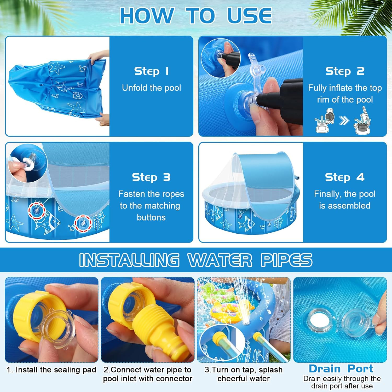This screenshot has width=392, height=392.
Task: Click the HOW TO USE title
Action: (196, 15)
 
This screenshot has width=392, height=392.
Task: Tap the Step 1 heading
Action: (152, 71)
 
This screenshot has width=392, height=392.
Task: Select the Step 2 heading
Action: (345, 71)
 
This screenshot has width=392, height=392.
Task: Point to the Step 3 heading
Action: (151, 177)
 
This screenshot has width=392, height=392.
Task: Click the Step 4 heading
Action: (345, 177)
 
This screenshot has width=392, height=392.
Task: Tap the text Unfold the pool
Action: (152, 88)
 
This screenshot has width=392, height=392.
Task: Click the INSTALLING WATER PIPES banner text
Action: (196, 260)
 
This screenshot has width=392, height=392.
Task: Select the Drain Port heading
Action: (341, 368)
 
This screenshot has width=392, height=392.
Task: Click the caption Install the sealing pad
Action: (51, 370)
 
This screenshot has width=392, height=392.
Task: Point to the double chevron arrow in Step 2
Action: (344, 120)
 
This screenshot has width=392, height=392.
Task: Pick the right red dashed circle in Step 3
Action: (83, 223)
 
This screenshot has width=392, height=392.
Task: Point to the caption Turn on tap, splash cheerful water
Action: (244, 374)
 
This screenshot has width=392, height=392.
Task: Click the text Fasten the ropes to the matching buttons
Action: (151, 206)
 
